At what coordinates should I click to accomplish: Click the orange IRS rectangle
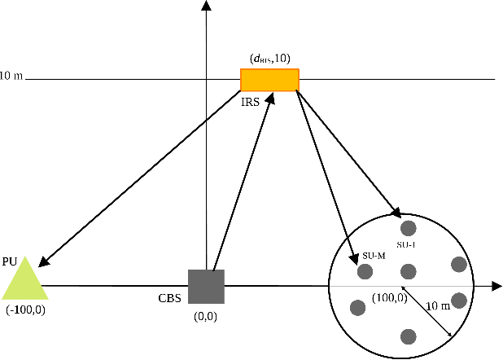click(x=269, y=80)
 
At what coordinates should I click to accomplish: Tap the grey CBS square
click(x=206, y=286)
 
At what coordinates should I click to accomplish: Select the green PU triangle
click(x=24, y=279)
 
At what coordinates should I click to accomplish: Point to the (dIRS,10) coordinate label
click(x=270, y=59)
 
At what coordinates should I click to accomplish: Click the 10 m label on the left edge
click(x=12, y=77)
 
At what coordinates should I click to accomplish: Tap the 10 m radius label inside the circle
click(x=439, y=305)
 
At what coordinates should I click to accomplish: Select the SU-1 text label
click(x=406, y=244)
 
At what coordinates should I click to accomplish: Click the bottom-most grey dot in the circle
click(x=409, y=336)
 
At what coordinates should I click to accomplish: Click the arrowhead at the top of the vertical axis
click(x=207, y=7)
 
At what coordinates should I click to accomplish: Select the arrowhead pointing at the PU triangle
click(x=43, y=261)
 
